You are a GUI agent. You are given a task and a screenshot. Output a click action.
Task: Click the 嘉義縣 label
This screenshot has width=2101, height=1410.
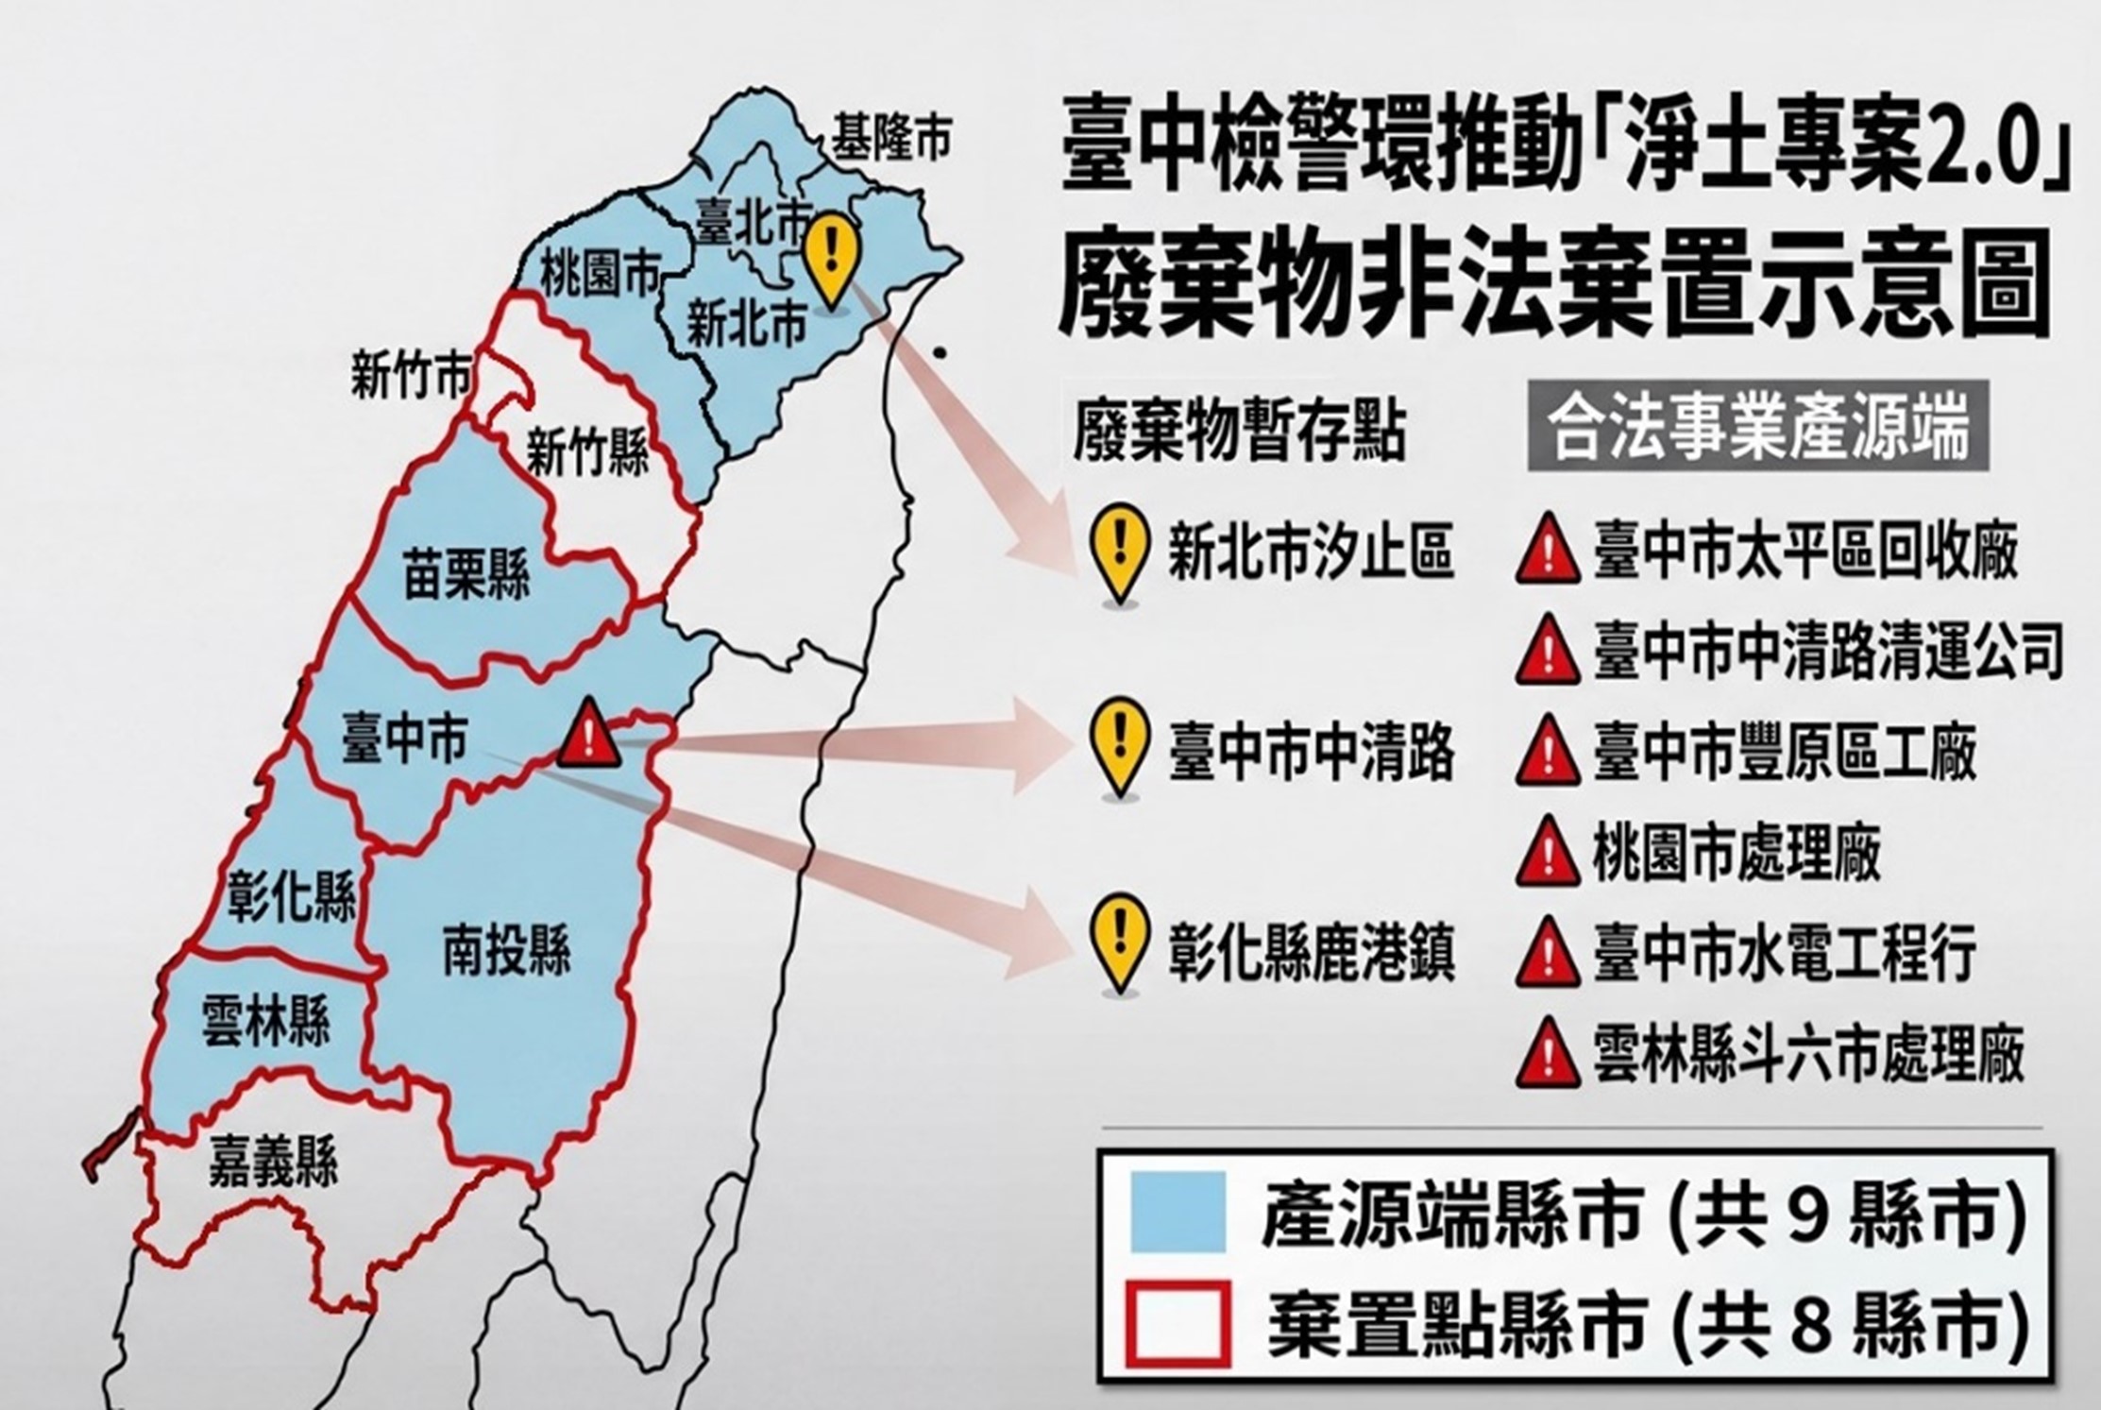[274, 1163]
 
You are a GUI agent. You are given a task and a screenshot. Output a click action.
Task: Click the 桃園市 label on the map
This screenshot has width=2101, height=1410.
[601, 275]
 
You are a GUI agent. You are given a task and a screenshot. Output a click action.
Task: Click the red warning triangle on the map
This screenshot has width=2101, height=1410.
[589, 735]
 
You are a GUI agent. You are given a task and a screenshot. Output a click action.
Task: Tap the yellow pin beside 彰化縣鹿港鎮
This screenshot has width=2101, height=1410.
[1120, 942]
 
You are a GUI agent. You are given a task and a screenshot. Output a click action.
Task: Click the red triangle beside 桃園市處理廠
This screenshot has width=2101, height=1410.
[1548, 852]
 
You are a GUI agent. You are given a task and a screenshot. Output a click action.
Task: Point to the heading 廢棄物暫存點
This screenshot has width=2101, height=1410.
[1239, 433]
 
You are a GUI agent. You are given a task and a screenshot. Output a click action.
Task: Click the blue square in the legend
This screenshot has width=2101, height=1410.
[1178, 1212]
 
